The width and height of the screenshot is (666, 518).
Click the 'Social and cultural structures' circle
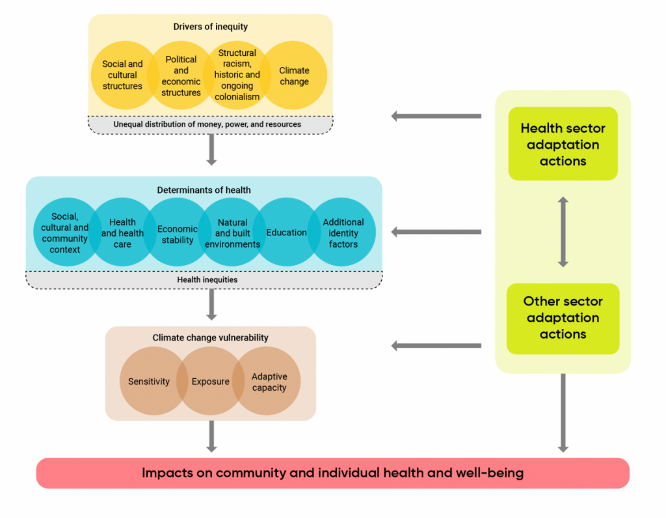(122, 75)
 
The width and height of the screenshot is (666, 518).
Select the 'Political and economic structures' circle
(181, 75)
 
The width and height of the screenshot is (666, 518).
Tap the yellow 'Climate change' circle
(294, 75)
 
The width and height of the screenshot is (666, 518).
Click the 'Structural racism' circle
(237, 75)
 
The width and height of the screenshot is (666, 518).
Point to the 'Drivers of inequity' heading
(210, 27)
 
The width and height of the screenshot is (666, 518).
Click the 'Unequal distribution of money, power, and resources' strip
(210, 124)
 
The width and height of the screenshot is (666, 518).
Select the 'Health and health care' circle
(122, 233)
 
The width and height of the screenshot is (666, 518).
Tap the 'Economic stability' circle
(178, 233)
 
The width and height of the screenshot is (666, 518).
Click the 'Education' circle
(286, 232)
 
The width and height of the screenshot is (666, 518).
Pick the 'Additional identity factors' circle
(343, 233)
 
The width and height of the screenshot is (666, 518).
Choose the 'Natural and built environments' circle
(232, 233)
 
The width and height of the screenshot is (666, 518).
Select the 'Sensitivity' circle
(149, 382)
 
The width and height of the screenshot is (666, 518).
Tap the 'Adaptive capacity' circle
(269, 382)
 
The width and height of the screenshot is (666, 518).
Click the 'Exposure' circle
(210, 382)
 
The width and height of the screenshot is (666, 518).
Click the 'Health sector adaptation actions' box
(563, 144)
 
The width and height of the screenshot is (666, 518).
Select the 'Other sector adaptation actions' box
(563, 318)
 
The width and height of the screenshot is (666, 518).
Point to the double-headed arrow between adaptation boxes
(563, 232)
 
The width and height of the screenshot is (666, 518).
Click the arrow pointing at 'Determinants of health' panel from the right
(436, 232)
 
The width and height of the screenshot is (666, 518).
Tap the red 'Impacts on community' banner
(332, 473)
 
